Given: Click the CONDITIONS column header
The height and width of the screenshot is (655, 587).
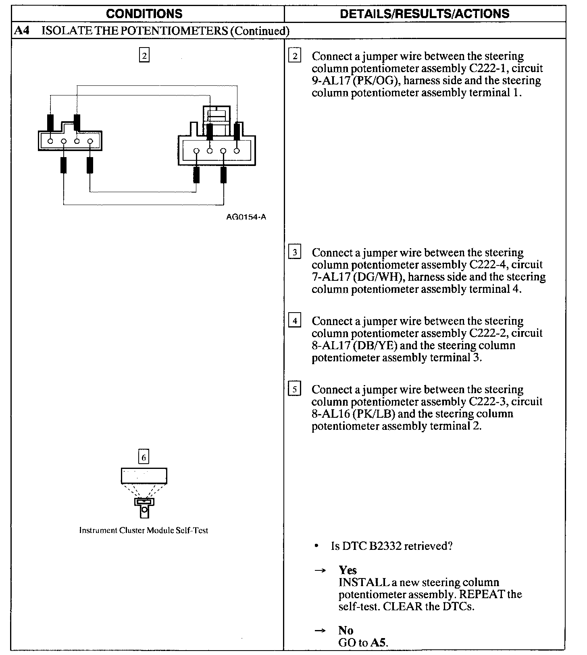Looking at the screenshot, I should (144, 14).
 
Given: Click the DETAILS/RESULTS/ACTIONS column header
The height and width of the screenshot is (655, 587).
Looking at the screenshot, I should (425, 14).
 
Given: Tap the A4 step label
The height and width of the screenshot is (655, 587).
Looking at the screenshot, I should (21, 31).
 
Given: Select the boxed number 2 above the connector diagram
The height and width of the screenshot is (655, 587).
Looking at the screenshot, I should (144, 55).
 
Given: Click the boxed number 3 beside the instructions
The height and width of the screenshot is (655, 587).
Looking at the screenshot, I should (295, 253).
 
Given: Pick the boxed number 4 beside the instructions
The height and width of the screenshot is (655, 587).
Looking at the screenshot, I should (295, 321).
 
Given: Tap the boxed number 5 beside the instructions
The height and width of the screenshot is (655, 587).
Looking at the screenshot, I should (295, 390).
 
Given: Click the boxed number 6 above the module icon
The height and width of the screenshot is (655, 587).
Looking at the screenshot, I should (144, 457).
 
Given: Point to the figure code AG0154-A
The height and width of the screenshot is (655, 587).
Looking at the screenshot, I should (246, 217).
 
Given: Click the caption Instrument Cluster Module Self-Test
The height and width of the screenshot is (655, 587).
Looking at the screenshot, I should (144, 531).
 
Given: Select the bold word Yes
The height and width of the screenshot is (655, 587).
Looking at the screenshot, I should (348, 570).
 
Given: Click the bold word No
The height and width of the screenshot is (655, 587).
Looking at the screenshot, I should (346, 630).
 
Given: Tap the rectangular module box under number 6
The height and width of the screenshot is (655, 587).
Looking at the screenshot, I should (144, 476).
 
